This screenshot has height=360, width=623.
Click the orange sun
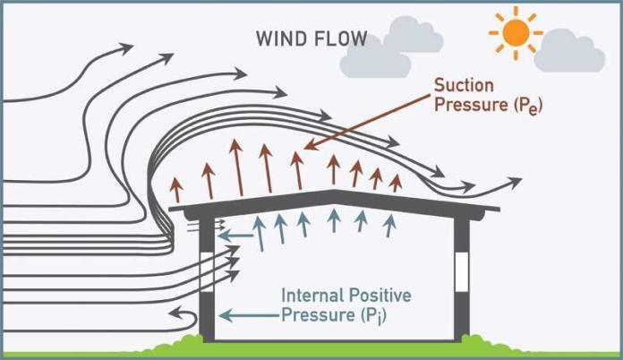point(516,34)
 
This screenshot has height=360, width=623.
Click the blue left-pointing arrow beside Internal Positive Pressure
point(246,314)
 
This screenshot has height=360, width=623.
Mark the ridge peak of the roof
point(332,192)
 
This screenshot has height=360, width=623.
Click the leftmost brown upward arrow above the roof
point(177,189)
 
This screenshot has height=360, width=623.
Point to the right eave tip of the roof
point(499,214)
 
